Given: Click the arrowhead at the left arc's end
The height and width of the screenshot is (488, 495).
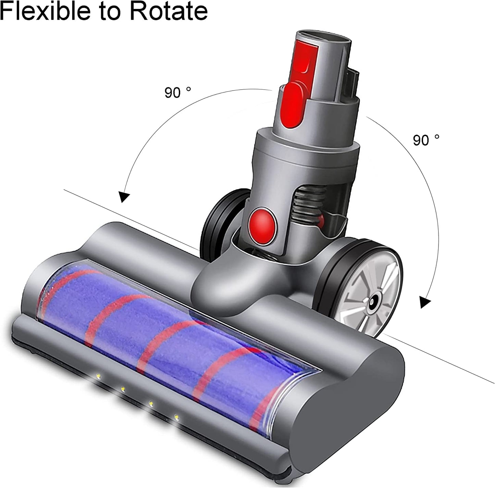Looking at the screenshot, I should pyautogui.click(x=124, y=197).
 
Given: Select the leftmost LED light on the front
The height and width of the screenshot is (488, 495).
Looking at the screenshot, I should pyautogui.click(x=98, y=376).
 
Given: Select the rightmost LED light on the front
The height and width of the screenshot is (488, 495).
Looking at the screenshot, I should pyautogui.click(x=176, y=417).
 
